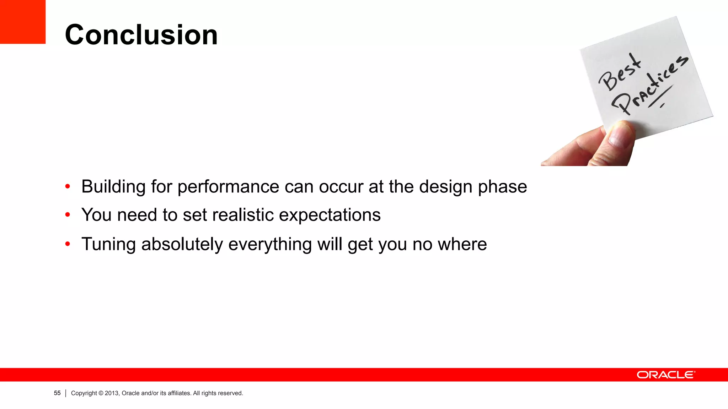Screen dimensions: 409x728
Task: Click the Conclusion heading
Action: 141,35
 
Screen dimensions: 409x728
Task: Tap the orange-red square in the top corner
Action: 22,21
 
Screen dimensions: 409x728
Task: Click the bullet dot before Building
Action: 68,186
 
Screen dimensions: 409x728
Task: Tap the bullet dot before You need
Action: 68,214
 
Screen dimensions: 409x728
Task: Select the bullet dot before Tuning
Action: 68,244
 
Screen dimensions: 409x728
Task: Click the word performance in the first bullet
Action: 228,187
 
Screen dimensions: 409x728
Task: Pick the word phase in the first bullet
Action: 502,187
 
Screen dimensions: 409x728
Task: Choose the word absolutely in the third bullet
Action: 182,244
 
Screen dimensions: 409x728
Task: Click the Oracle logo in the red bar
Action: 665,375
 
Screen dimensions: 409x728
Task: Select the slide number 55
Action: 57,393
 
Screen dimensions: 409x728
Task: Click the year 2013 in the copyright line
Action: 111,393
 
